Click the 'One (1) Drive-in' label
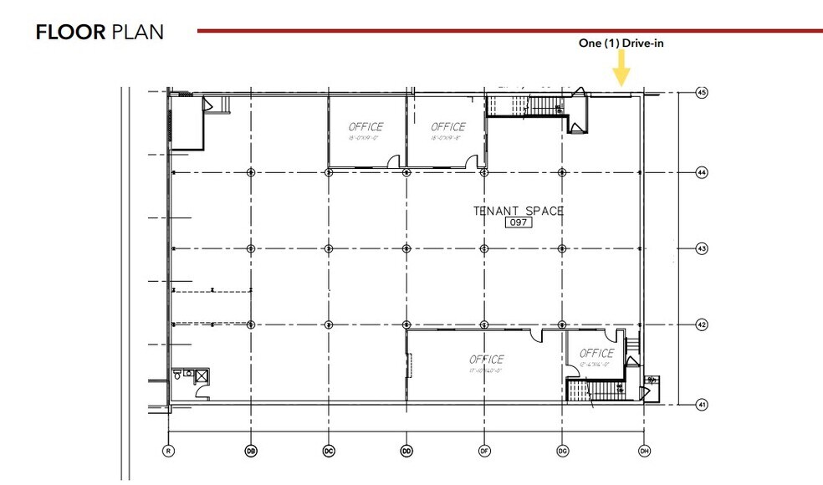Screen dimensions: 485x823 coord(621,43)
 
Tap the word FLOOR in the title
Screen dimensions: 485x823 coord(69,33)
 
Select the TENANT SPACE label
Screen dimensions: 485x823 coord(519,211)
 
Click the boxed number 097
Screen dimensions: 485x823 coord(519,223)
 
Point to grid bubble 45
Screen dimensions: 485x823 coord(702,93)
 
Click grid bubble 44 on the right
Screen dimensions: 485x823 coord(702,172)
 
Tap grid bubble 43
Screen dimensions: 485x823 coord(702,248)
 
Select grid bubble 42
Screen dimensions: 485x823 coord(702,325)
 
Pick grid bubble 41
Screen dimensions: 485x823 coord(702,405)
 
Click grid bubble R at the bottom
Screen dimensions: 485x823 coord(170,451)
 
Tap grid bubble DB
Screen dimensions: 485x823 coord(250,451)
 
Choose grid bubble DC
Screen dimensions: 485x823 coord(329,451)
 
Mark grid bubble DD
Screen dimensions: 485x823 coord(406,451)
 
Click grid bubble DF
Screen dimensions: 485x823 coord(484,451)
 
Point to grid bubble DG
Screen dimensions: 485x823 coord(563,451)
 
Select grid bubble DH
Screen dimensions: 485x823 coord(644,451)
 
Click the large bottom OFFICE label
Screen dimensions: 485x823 coord(487,360)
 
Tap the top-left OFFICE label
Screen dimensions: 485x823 coord(365,127)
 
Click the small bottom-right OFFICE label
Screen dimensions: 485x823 coord(596,353)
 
